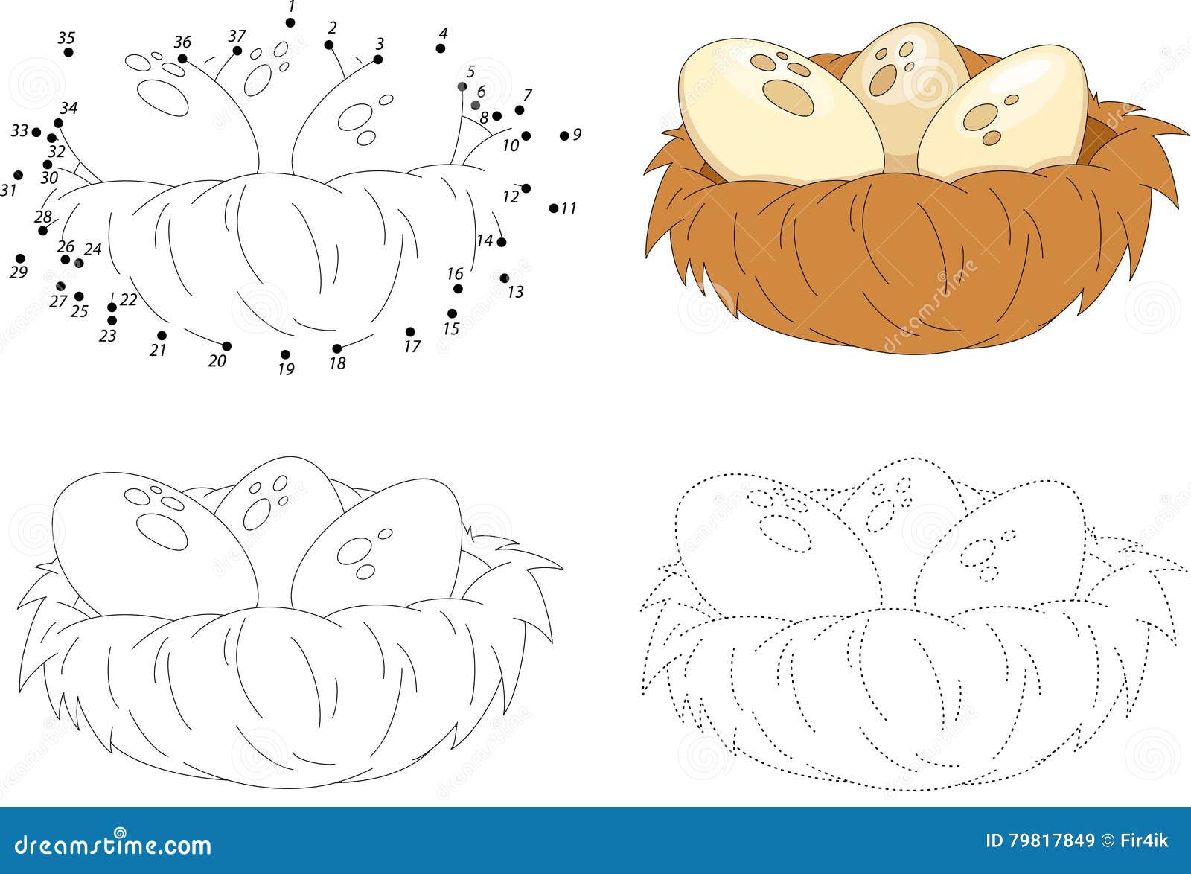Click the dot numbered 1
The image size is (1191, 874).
(290, 23)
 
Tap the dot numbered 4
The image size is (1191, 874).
(440, 48)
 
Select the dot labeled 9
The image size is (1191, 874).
(564, 136)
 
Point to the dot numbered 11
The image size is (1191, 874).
(554, 208)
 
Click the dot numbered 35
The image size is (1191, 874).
(68, 52)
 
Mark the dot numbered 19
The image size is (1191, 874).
(285, 354)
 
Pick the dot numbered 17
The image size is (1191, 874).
(410, 332)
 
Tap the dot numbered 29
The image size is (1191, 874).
(20, 258)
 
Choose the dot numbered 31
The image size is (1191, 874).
(18, 175)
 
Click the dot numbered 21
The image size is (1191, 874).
(162, 336)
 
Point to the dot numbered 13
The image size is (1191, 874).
(505, 278)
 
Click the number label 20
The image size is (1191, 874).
(217, 361)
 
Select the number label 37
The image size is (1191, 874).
(237, 36)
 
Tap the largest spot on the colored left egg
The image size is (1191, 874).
(788, 97)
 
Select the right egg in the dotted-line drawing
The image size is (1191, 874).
(1000, 553)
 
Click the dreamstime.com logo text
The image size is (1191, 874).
(112, 844)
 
